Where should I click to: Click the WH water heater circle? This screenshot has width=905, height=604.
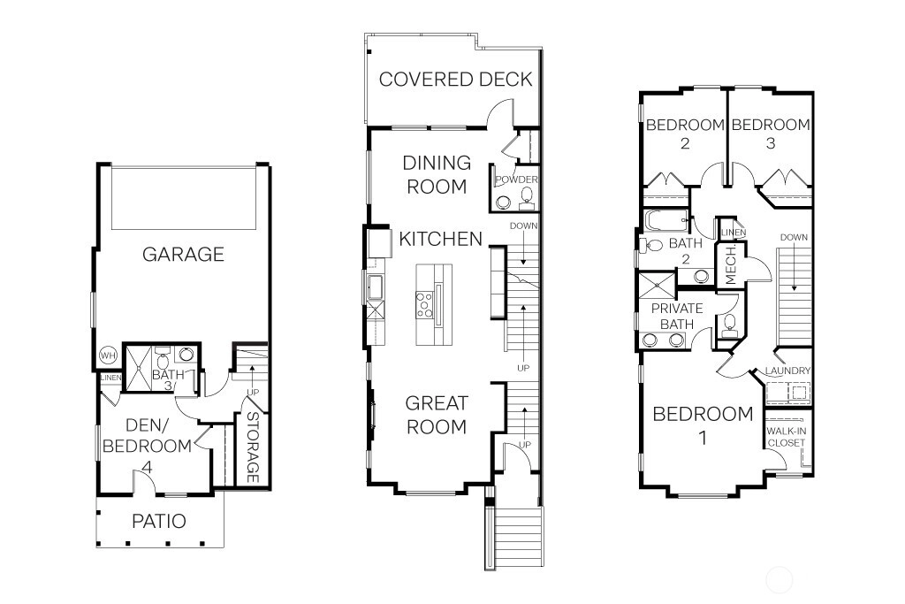[108, 356]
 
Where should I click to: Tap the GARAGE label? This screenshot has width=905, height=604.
[183, 254]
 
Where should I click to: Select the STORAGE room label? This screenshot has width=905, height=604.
[253, 447]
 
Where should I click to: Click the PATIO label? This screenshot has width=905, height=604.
[159, 521]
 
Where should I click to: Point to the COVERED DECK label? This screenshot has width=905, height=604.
[455, 79]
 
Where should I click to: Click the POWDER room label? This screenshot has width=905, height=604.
[516, 180]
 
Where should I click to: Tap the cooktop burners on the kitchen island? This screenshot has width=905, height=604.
[424, 304]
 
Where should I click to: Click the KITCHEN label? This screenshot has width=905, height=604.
[440, 239]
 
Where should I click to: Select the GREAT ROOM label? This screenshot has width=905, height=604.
[437, 415]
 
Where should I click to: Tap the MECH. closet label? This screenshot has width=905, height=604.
[731, 265]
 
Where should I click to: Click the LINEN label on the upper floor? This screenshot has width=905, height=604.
[734, 232]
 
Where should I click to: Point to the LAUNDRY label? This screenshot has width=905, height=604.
[787, 371]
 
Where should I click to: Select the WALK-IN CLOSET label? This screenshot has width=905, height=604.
[786, 437]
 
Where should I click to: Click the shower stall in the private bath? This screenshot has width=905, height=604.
[657, 286]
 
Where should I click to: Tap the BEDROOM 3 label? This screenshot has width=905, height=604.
[771, 134]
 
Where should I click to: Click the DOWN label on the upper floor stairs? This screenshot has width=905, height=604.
[794, 237]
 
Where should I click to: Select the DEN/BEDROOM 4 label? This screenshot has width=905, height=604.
[148, 446]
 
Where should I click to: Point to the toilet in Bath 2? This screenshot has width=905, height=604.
[652, 245]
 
